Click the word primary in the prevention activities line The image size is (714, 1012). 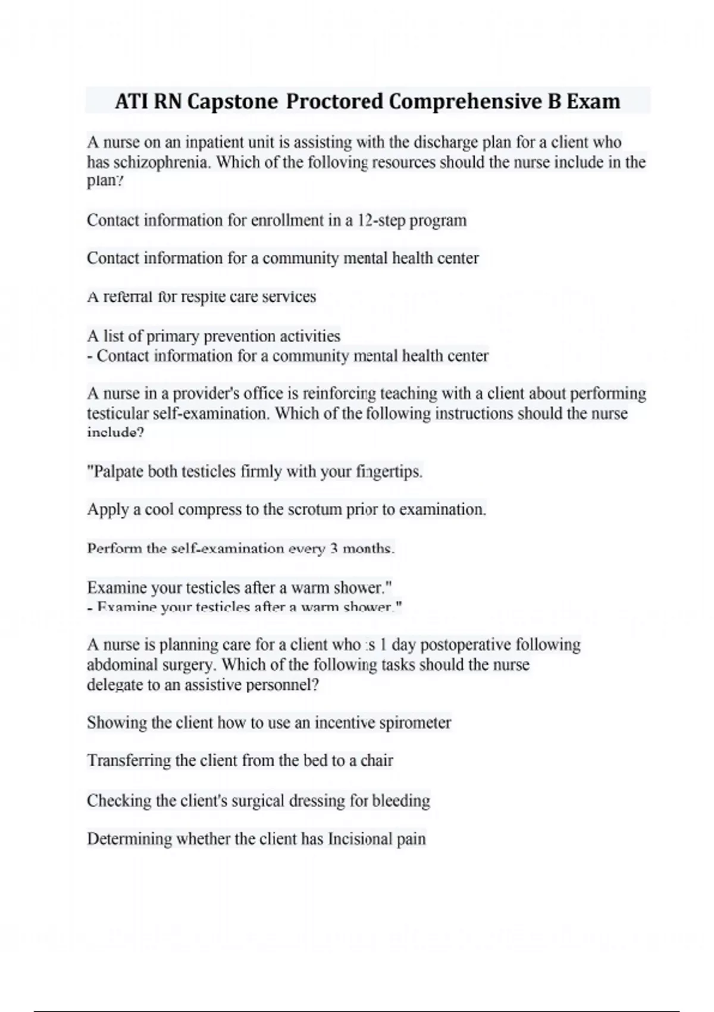173,336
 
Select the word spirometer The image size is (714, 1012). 415,723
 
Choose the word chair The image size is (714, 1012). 377,761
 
